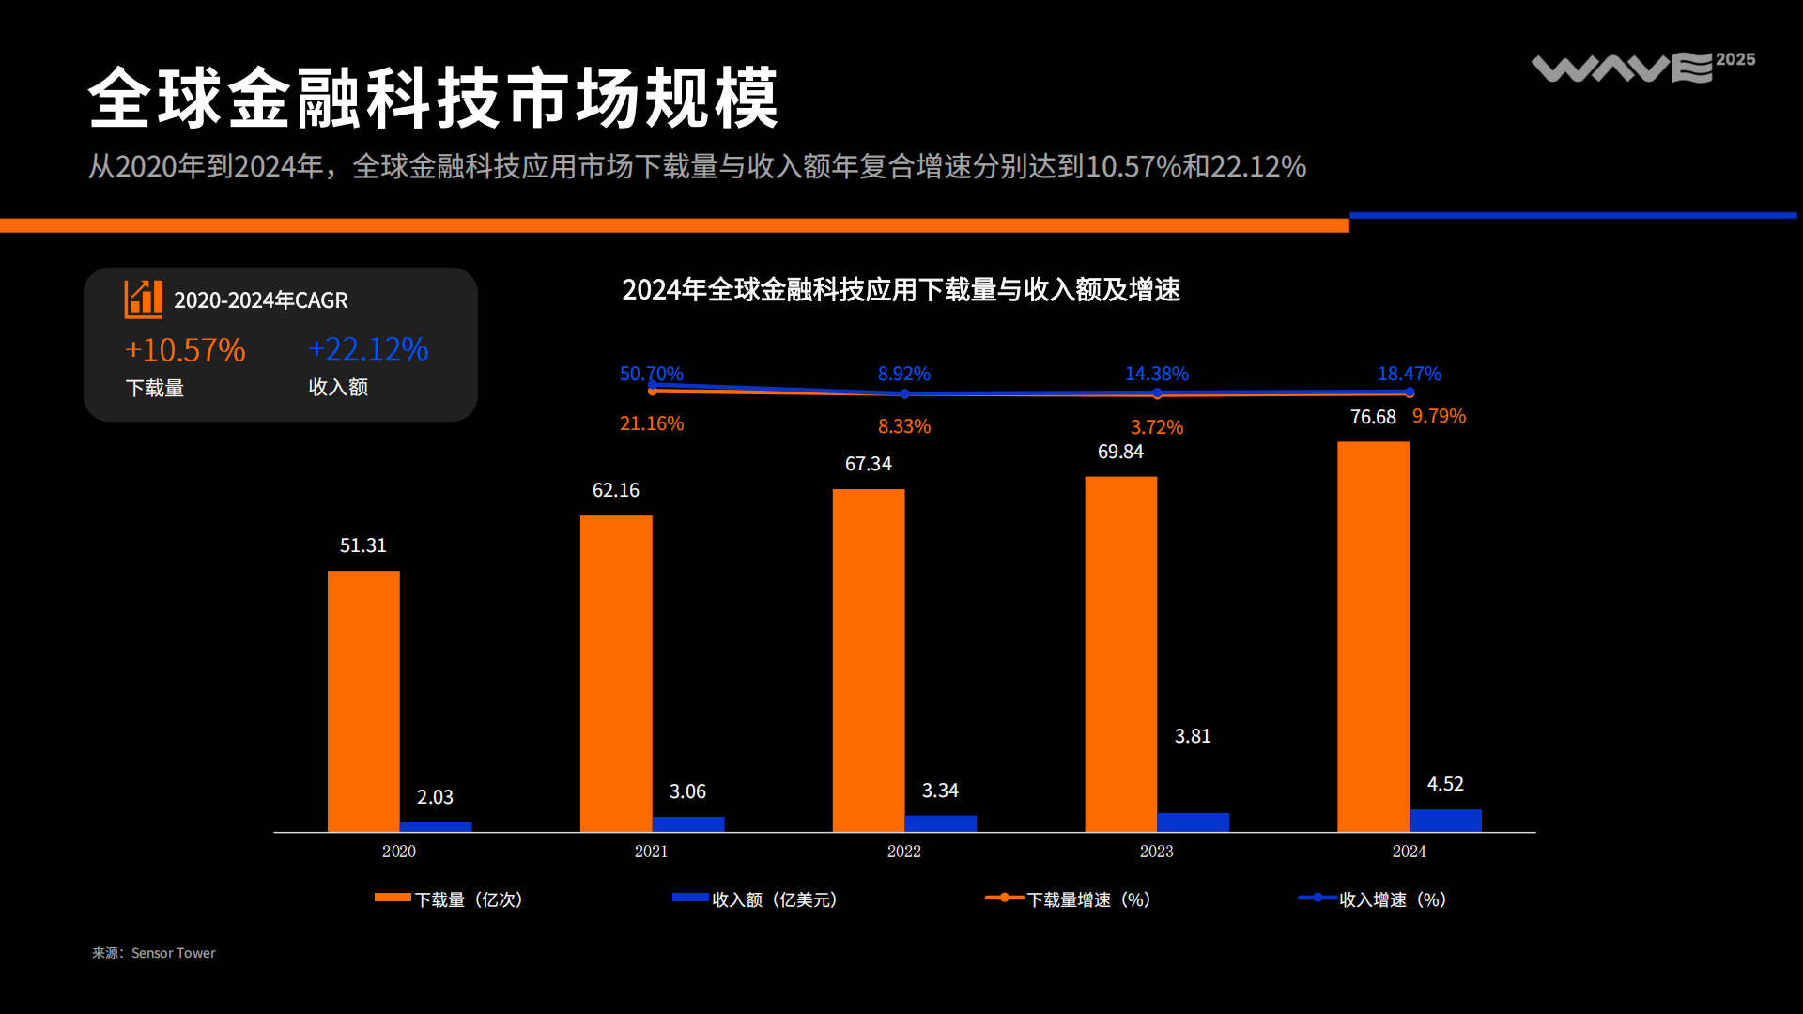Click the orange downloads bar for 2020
pyautogui.click(x=363, y=700)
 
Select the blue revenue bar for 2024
pyautogui.click(x=1445, y=820)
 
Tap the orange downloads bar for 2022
pyautogui.click(x=869, y=659)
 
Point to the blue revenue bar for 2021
pyautogui.click(x=688, y=823)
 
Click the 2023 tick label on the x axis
pyautogui.click(x=1156, y=852)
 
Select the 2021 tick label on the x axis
pyautogui.click(x=651, y=852)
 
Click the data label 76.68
pyautogui.click(x=1373, y=417)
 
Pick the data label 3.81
pyautogui.click(x=1193, y=736)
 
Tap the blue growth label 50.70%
pyautogui.click(x=651, y=374)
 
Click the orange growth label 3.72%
pyautogui.click(x=1157, y=427)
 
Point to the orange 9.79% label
pyautogui.click(x=1439, y=416)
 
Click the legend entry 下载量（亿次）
pyautogui.click(x=449, y=899)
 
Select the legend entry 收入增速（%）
pyautogui.click(x=1373, y=899)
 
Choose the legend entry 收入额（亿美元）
pyautogui.click(x=755, y=899)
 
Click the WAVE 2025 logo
pyautogui.click(x=1642, y=67)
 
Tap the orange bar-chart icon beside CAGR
pyautogui.click(x=144, y=300)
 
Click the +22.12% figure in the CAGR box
pyautogui.click(x=368, y=349)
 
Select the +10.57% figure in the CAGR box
pyautogui.click(x=185, y=350)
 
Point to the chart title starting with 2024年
pyautogui.click(x=901, y=289)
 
